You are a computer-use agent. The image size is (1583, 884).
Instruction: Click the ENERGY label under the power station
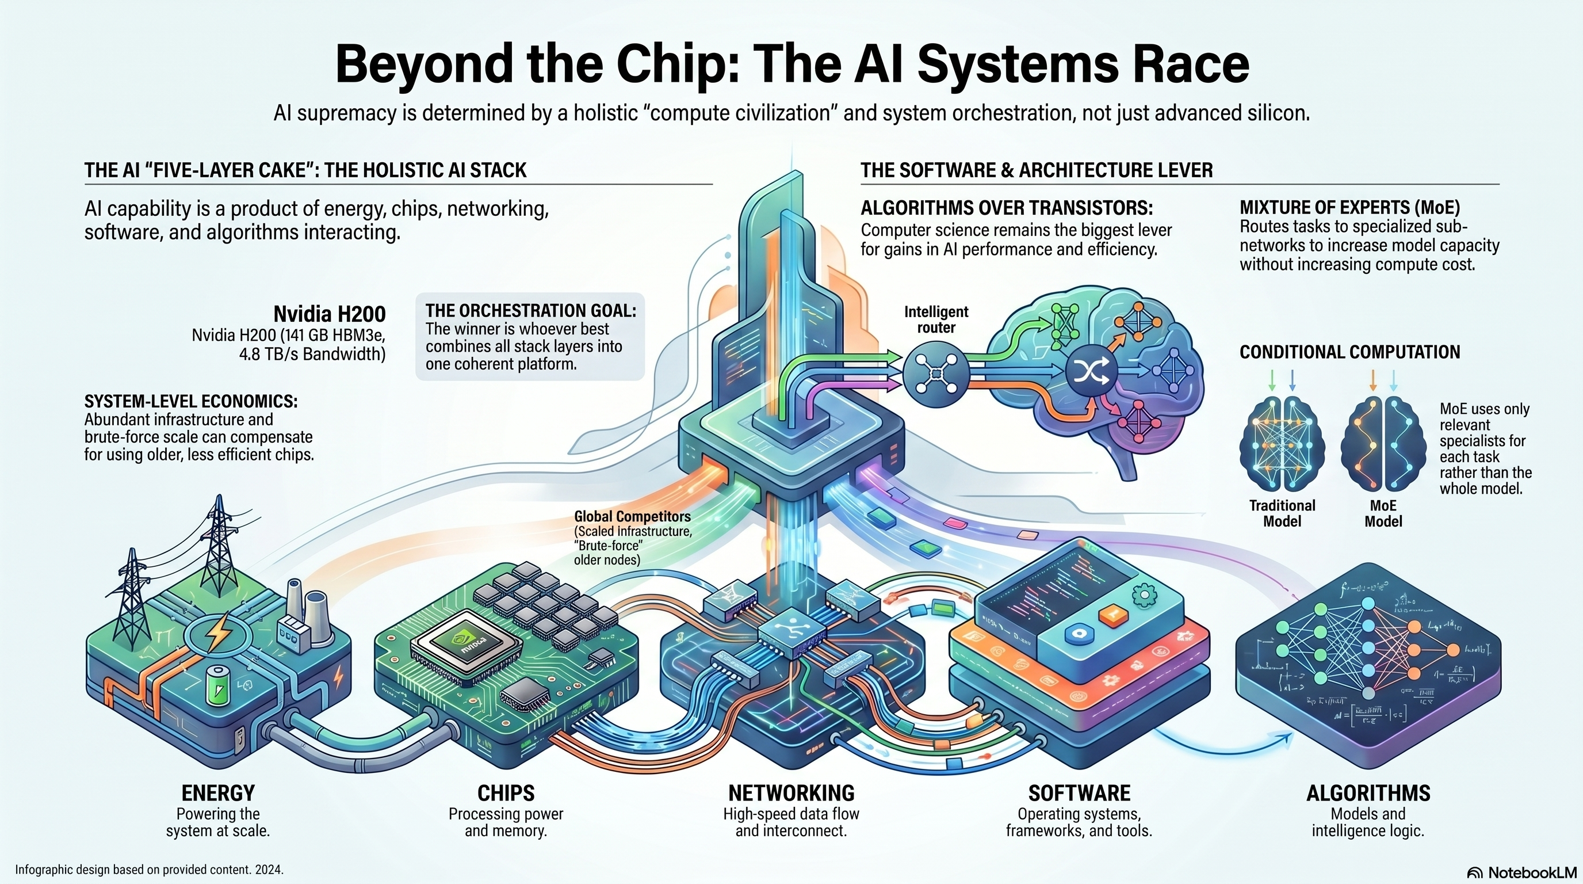(x=218, y=793)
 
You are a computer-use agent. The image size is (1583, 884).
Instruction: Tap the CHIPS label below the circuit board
(x=506, y=793)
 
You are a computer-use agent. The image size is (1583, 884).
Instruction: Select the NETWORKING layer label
(x=791, y=793)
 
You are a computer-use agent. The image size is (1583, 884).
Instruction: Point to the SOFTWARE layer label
(x=1079, y=793)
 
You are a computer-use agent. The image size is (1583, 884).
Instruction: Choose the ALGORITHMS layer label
(x=1368, y=793)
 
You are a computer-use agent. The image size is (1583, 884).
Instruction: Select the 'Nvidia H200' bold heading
(x=330, y=314)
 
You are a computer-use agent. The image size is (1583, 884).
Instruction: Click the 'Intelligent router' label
(x=936, y=319)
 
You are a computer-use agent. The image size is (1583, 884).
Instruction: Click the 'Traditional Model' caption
(x=1282, y=513)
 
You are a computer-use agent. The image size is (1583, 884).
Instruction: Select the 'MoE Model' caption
(x=1383, y=513)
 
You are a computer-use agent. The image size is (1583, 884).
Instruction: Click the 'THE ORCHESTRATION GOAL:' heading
(x=531, y=310)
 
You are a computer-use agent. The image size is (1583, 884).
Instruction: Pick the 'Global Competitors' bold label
(x=632, y=516)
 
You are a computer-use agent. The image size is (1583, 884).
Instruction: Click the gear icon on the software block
(x=1144, y=594)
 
